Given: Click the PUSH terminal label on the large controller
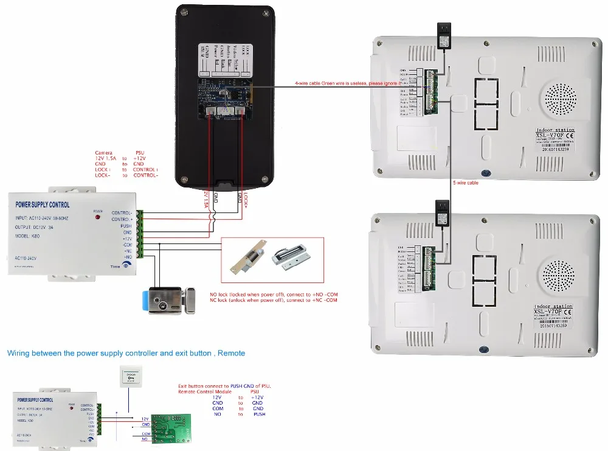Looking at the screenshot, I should coord(126,225).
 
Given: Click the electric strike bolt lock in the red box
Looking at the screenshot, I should coord(248,259).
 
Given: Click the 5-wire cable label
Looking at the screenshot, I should coord(465,183).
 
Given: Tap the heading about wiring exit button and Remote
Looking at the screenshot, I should coord(126,353).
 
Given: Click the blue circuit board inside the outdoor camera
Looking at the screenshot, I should coord(226,98).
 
